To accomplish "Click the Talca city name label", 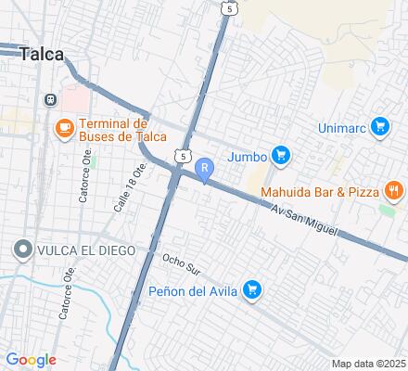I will [x=41, y=54].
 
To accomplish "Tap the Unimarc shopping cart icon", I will [x=378, y=126].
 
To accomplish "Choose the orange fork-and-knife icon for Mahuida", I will [x=394, y=191].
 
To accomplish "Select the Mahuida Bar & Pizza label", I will [x=320, y=192].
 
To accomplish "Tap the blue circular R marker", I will [x=204, y=168].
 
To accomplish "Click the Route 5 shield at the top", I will [x=228, y=7].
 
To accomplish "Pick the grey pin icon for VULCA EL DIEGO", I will [x=21, y=249].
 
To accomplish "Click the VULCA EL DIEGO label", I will [x=85, y=250].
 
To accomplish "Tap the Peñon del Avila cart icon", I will [x=252, y=291].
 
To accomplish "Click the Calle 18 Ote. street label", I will [x=130, y=186].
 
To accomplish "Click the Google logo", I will [x=31, y=360].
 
